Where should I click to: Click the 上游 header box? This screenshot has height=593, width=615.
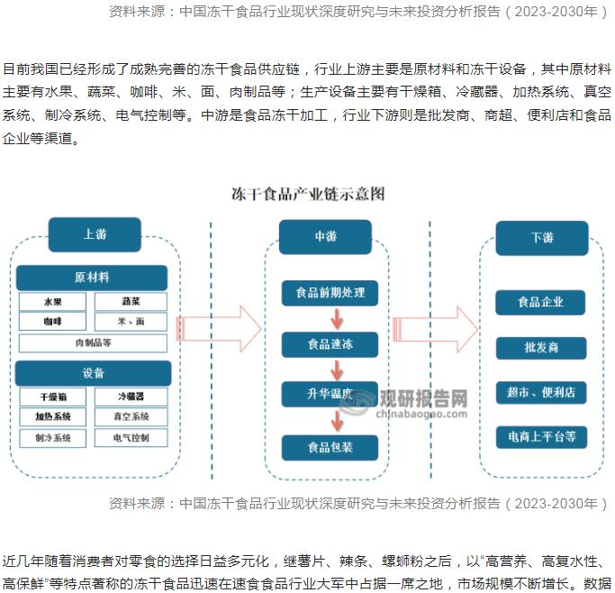coord(95,234)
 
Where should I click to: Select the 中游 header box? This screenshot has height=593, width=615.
coord(325,236)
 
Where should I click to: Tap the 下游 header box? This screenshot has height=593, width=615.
coord(541,238)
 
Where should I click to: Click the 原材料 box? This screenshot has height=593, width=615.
coord(92,278)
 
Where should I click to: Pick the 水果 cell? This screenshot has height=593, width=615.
coord(53,302)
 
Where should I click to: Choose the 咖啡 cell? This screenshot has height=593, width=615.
coord(53,322)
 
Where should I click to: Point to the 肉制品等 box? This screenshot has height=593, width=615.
coord(92,342)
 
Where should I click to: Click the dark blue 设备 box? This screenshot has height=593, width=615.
coord(93,373)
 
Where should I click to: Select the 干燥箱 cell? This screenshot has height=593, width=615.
coord(53,397)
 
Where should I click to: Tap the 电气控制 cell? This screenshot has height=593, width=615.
coord(131,438)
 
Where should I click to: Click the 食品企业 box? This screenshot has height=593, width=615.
coord(540,302)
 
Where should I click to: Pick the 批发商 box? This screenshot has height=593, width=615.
coord(541,348)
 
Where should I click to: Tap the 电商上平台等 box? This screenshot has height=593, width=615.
coord(541,437)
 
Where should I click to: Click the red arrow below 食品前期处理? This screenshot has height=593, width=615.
coord(336,318)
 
